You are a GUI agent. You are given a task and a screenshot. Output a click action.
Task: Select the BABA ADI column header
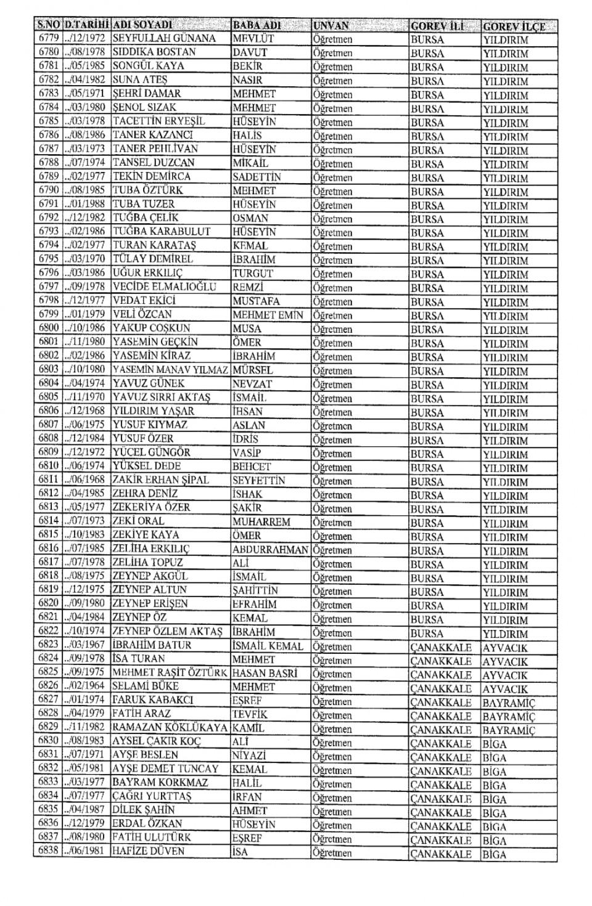tap(257, 25)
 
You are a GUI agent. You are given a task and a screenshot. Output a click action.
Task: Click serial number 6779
tap(48, 38)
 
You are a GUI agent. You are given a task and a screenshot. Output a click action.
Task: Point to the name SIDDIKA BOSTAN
tap(154, 52)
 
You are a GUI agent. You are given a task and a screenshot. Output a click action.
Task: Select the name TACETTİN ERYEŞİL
tap(158, 121)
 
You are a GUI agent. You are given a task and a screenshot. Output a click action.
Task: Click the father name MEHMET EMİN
tap(268, 315)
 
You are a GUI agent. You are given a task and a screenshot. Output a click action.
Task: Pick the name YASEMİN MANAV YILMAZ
tap(170, 370)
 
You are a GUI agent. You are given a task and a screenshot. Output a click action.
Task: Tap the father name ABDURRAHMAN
tap(270, 550)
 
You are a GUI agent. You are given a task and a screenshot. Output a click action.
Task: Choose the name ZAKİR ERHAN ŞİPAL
tap(160, 480)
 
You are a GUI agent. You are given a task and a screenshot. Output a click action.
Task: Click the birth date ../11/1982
tap(84, 727)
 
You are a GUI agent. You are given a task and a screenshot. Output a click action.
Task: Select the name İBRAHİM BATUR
tap(152, 645)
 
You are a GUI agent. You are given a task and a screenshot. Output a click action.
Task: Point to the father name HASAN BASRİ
tap(265, 673)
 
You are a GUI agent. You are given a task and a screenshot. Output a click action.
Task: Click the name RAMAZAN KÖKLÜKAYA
tap(170, 728)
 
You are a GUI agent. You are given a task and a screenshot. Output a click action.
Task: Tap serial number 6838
tap(48, 851)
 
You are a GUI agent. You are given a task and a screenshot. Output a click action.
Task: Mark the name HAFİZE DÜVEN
tap(148, 852)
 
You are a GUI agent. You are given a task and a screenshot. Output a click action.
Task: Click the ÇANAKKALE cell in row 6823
tap(441, 648)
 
